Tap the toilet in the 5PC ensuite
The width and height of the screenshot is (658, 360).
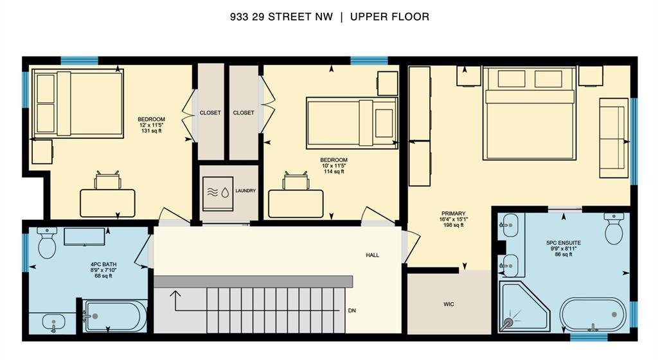coord(614,228)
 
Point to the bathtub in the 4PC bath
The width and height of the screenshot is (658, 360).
coord(115,316)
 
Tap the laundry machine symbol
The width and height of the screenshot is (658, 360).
coord(218,194)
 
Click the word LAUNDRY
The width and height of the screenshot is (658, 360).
coord(245,190)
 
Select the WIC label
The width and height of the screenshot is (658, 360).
coord(449,304)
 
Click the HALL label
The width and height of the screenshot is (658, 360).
coord(372,255)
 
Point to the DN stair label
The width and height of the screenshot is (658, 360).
coord(352,310)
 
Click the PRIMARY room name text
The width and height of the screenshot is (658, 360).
coord(453,213)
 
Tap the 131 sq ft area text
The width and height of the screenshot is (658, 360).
coord(152,131)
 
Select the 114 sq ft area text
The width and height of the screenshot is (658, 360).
coord(334,172)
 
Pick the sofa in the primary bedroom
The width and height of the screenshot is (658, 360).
coord(614,138)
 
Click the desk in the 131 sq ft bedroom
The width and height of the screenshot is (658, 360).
coord(107,204)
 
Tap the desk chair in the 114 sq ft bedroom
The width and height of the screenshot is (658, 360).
coord(296,181)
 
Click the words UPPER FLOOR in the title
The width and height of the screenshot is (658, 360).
coord(389,17)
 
